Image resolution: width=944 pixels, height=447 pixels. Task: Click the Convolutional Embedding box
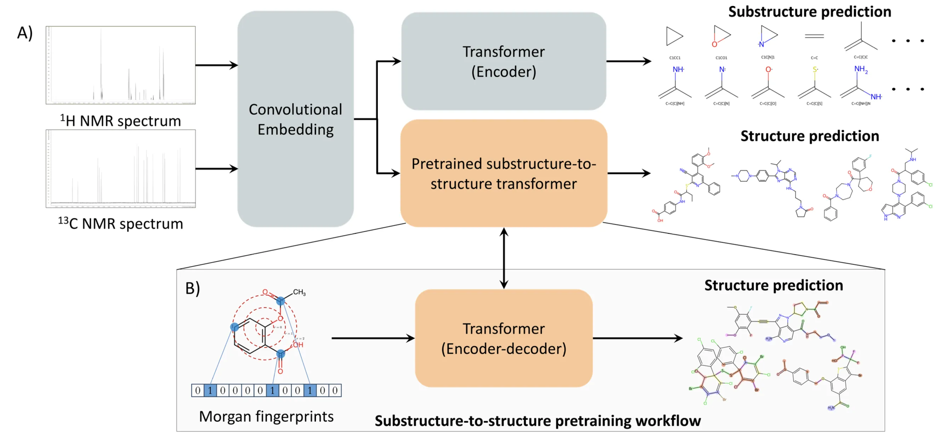coord(295,119)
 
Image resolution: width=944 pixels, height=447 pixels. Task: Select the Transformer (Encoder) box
coord(503,62)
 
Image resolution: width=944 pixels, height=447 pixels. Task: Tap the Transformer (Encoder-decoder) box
coord(503,338)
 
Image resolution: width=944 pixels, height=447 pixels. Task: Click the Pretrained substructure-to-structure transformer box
coord(503,173)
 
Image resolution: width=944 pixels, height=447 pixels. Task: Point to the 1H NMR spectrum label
coord(121,121)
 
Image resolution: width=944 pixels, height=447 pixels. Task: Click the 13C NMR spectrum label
coord(121,223)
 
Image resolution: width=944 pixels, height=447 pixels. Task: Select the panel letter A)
coord(25,33)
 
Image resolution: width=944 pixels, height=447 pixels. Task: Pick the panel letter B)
coord(192,288)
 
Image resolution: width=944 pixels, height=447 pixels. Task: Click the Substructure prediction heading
coord(810,12)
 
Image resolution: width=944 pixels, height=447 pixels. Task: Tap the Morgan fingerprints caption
coord(266,417)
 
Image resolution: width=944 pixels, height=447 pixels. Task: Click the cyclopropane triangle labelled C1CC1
coord(674,36)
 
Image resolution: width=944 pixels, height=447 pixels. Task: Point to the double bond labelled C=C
coord(814,36)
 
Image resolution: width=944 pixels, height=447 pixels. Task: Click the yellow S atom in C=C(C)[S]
coord(815,69)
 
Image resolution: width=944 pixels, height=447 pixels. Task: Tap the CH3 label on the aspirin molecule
coord(299,292)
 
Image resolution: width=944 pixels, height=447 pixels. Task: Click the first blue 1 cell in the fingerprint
coord(210,390)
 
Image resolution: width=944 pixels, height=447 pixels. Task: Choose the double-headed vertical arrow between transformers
coord(504,258)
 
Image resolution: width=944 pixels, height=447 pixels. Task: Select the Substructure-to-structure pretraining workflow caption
coord(537,421)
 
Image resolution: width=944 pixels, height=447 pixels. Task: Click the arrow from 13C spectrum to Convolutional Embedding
coord(216,169)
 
